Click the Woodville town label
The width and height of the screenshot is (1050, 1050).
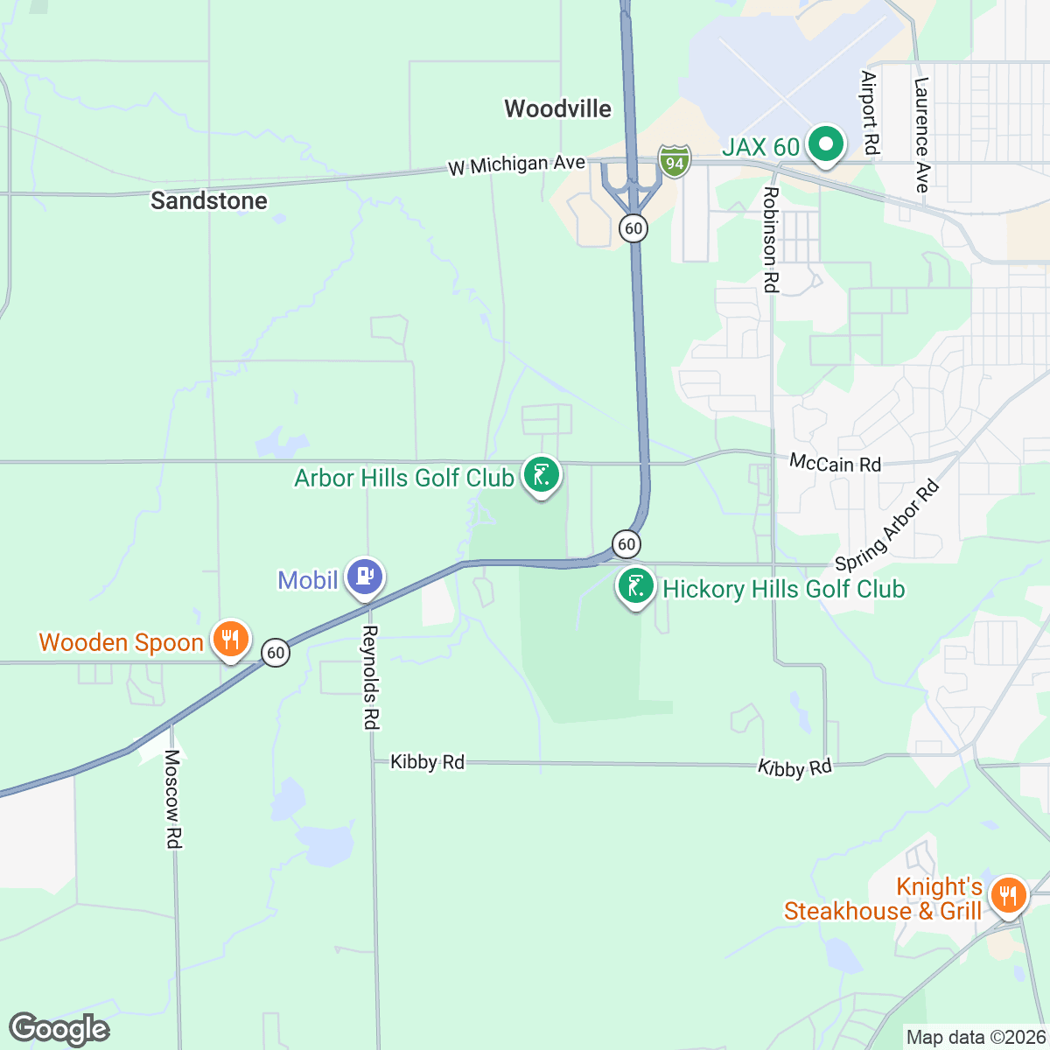pyautogui.click(x=557, y=108)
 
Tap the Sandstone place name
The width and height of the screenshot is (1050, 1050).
pyautogui.click(x=208, y=200)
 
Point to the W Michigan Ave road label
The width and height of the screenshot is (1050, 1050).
pyautogui.click(x=516, y=164)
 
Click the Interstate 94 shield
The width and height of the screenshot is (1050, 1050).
pyautogui.click(x=675, y=161)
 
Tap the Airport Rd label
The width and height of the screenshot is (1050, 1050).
pyautogui.click(x=869, y=113)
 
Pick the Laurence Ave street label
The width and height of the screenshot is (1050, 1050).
pyautogui.click(x=920, y=135)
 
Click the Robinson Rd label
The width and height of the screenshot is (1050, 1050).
pyautogui.click(x=770, y=239)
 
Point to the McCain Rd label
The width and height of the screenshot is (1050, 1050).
pyautogui.click(x=835, y=463)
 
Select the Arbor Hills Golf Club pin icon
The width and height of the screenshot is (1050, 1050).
pyautogui.click(x=542, y=475)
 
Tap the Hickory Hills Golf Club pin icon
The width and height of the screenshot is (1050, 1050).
pyautogui.click(x=636, y=586)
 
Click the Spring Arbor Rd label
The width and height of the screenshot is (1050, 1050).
pyautogui.click(x=886, y=525)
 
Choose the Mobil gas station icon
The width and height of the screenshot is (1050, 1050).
pyautogui.click(x=365, y=577)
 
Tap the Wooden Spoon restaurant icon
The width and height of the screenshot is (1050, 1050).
pyautogui.click(x=231, y=639)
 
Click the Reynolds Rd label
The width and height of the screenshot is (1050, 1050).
pyautogui.click(x=371, y=677)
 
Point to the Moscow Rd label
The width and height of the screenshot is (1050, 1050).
pyautogui.click(x=172, y=798)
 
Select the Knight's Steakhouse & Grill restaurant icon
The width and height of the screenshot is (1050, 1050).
pyautogui.click(x=1008, y=896)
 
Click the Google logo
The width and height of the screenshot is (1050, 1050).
pyautogui.click(x=59, y=1029)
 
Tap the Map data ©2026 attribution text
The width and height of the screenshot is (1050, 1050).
pyautogui.click(x=975, y=1038)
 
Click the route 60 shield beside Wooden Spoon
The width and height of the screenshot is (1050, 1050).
pyautogui.click(x=276, y=653)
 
